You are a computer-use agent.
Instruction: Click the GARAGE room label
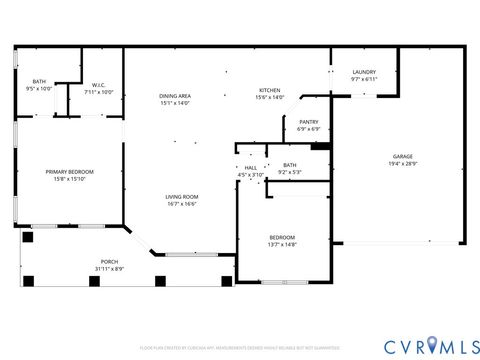402,157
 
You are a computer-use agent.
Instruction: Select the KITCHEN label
270,90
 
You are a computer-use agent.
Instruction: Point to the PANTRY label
308,122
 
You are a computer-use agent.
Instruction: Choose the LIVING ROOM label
181,197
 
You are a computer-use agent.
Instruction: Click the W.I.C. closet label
100,84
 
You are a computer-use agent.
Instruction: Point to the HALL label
250,168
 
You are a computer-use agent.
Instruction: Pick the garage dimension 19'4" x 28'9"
402,164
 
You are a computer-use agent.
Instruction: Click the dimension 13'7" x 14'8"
283,244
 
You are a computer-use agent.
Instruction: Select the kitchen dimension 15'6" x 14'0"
270,97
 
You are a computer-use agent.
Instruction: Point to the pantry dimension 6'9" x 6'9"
308,129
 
